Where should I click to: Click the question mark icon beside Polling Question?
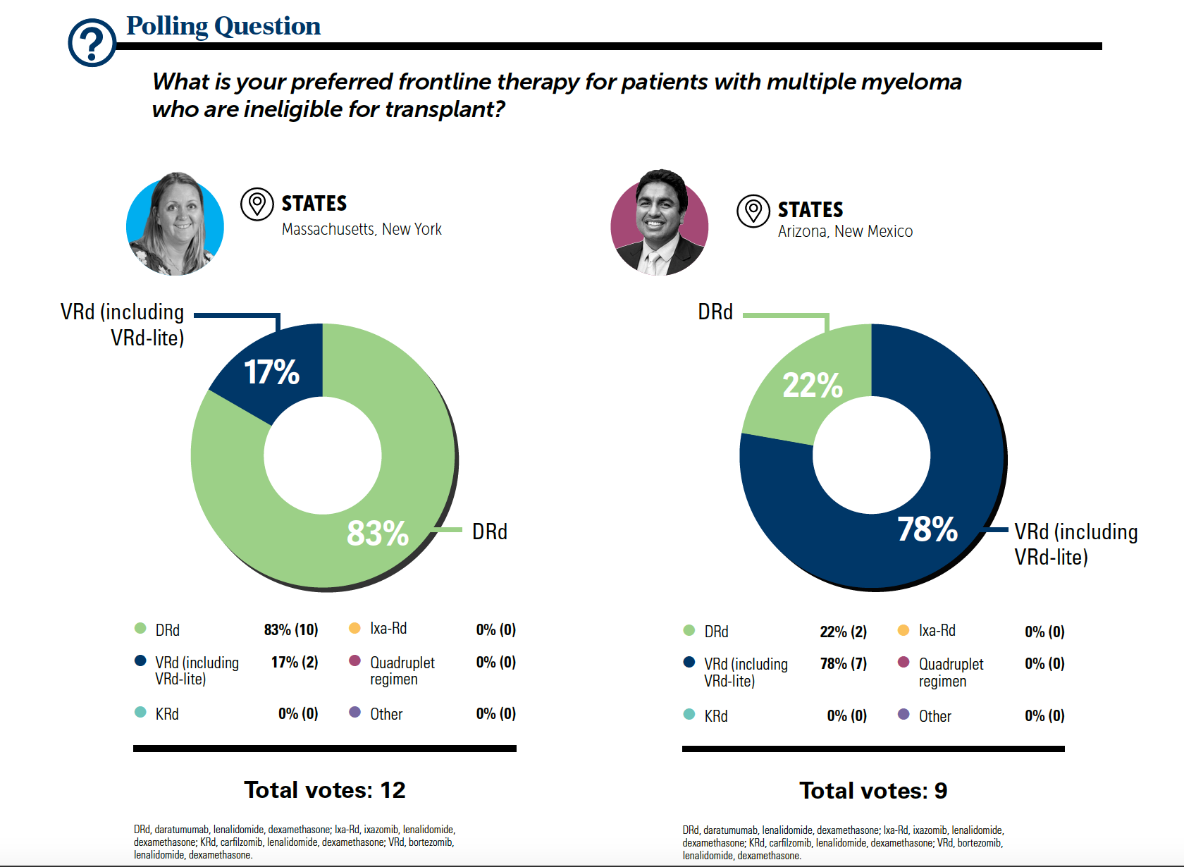click(x=92, y=43)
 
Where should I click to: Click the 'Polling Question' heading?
click(x=223, y=26)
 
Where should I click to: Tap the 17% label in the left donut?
click(x=271, y=372)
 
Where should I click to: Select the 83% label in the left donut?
click(x=378, y=533)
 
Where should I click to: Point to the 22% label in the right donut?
click(x=813, y=385)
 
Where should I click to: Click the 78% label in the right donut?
click(x=927, y=529)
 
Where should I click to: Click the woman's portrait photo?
click(x=175, y=225)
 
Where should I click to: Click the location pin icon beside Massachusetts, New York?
click(x=257, y=204)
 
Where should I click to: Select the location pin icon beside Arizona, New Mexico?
click(x=753, y=211)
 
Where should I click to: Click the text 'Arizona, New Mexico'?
click(x=845, y=231)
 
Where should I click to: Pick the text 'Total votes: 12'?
click(x=324, y=790)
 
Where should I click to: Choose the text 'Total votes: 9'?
click(x=873, y=791)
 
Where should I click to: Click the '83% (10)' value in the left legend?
click(x=291, y=629)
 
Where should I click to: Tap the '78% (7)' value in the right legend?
click(x=843, y=663)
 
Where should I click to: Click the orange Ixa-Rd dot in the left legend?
click(x=355, y=628)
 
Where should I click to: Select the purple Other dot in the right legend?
click(x=904, y=714)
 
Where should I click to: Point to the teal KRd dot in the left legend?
click(x=140, y=713)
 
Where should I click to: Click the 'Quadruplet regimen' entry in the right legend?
click(x=951, y=672)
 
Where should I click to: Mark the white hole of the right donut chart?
click(x=872, y=455)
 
